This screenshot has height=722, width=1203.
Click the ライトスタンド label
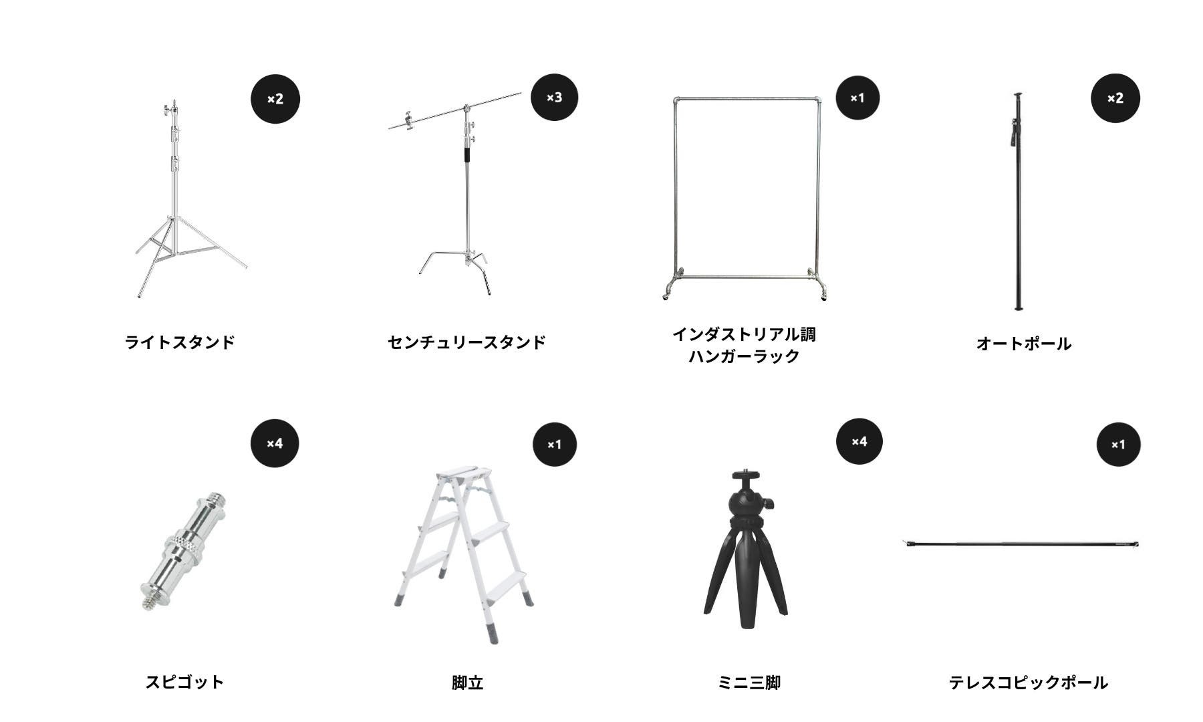tap(180, 342)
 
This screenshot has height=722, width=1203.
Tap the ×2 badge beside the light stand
tap(275, 99)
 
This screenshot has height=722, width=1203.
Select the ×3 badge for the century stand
tap(554, 98)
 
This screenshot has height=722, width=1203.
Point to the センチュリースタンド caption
tap(466, 342)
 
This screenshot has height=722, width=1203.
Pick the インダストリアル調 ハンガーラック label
tap(744, 345)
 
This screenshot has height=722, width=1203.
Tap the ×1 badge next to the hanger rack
tap(857, 98)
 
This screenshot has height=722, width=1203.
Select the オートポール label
tap(1023, 344)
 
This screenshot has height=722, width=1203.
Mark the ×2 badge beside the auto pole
tap(1115, 98)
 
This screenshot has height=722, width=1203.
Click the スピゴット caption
tap(184, 682)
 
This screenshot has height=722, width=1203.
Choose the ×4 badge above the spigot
tap(275, 443)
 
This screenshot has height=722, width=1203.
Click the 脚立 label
tap(467, 683)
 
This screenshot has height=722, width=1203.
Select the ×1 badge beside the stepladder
tap(555, 445)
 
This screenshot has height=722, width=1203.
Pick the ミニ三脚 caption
tap(749, 683)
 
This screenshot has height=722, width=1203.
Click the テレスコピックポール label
tap(1029, 683)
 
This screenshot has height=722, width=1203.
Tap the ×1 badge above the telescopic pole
tap(1118, 445)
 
